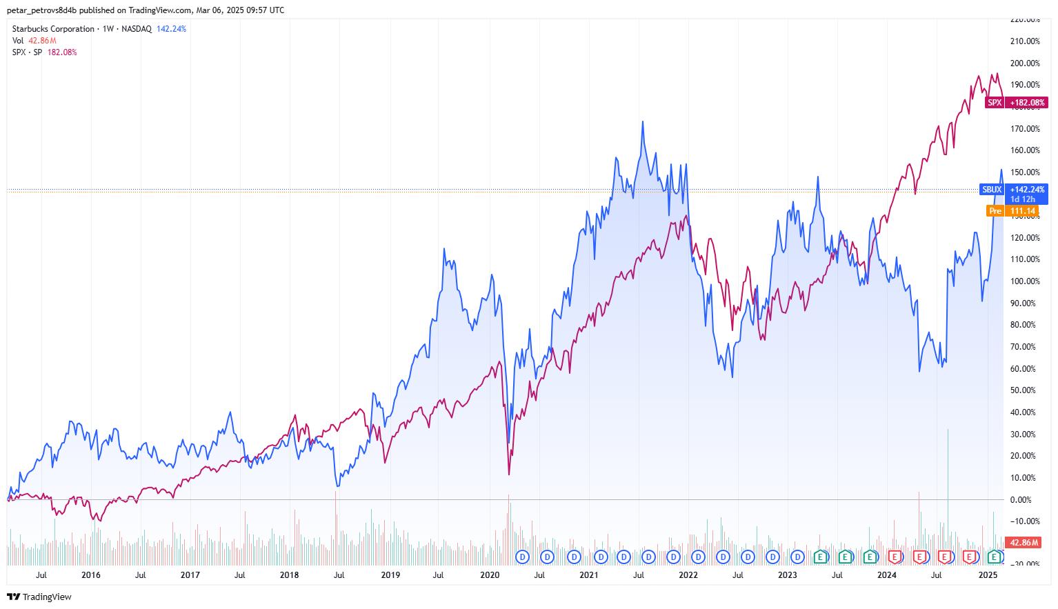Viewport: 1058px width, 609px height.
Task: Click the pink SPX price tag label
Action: point(995,103)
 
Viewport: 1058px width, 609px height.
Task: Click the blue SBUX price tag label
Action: point(992,189)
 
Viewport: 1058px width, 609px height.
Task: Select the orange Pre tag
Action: point(995,211)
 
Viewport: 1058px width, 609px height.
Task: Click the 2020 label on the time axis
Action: point(489,575)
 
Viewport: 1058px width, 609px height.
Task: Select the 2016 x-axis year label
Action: point(90,575)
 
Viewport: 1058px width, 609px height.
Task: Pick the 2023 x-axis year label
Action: point(787,575)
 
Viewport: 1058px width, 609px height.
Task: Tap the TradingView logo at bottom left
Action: point(39,597)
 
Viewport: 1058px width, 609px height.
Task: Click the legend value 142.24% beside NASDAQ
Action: point(171,29)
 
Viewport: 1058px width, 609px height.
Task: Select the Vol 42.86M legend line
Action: point(34,41)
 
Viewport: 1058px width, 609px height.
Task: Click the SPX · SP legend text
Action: point(28,52)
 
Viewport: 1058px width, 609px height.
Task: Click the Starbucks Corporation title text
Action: point(53,29)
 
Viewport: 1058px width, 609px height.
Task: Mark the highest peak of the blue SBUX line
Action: point(643,122)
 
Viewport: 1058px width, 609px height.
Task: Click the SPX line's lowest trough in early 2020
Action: point(509,474)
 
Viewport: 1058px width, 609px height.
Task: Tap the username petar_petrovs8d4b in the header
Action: point(41,10)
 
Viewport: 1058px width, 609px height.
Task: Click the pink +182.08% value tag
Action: point(1028,103)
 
